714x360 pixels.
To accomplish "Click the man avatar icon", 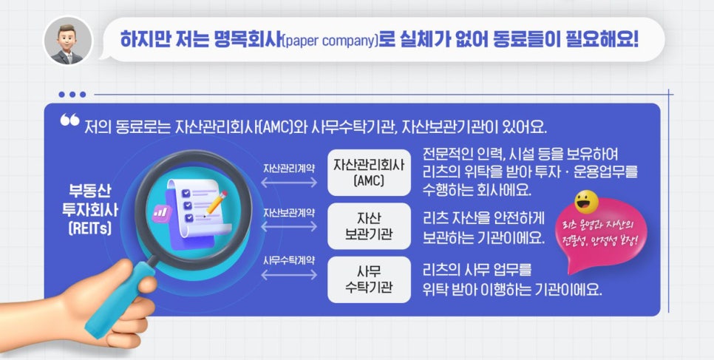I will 68,41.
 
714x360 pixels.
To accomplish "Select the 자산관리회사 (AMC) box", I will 368,171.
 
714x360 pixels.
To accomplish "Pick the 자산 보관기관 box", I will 368,226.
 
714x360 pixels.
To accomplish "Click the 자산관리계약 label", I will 288,168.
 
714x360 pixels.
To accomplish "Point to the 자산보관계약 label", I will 288,213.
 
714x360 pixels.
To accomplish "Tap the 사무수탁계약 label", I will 288,260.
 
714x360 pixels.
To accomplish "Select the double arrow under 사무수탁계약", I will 288,275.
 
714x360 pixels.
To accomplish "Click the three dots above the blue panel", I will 72,94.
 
